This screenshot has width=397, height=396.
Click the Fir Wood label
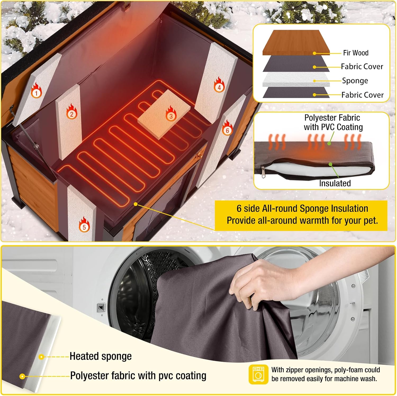356,53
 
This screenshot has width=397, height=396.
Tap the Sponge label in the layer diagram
355,81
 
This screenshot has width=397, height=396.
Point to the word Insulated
335,183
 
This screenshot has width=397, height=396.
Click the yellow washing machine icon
259,374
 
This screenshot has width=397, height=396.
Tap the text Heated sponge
101,357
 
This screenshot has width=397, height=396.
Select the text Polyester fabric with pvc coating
138,376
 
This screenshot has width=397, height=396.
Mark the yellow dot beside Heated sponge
41,357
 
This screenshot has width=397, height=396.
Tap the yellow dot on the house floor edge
136,204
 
